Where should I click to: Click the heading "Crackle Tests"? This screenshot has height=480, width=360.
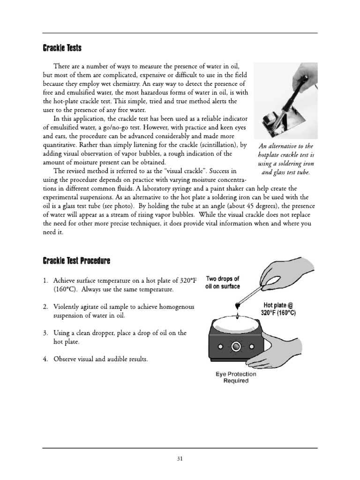click(62, 47)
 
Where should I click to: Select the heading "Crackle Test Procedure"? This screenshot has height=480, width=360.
click(77, 260)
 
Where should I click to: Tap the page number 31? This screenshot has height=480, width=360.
click(180, 458)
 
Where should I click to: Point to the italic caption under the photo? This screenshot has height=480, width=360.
click(285, 159)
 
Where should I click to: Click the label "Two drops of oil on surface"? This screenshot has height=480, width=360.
click(223, 283)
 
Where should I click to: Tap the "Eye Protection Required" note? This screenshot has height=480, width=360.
click(236, 377)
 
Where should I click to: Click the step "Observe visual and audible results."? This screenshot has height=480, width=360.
click(100, 359)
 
